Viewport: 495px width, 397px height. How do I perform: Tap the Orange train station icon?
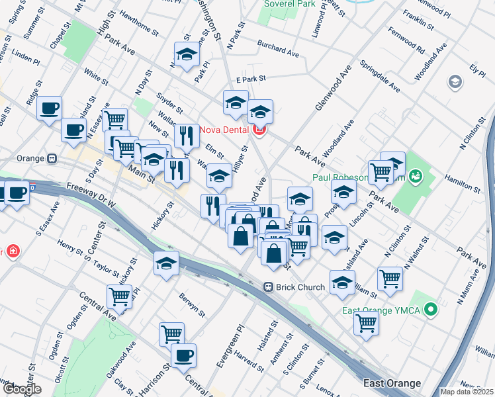point(51,159)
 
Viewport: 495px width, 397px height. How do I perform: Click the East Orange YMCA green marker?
point(431,309)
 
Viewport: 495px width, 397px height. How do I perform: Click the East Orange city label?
point(392,383)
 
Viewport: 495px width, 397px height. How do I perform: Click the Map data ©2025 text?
point(467,392)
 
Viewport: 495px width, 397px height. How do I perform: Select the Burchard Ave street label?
point(280,50)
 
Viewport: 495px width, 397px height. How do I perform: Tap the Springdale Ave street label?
point(380,76)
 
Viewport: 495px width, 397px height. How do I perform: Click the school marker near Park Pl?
point(187,55)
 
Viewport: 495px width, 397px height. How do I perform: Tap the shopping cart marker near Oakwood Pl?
point(119,296)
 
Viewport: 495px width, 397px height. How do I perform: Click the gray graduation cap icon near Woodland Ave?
point(455,82)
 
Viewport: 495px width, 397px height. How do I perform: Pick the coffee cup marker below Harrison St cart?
point(183,355)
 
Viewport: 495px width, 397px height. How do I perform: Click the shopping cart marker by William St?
point(389,279)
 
